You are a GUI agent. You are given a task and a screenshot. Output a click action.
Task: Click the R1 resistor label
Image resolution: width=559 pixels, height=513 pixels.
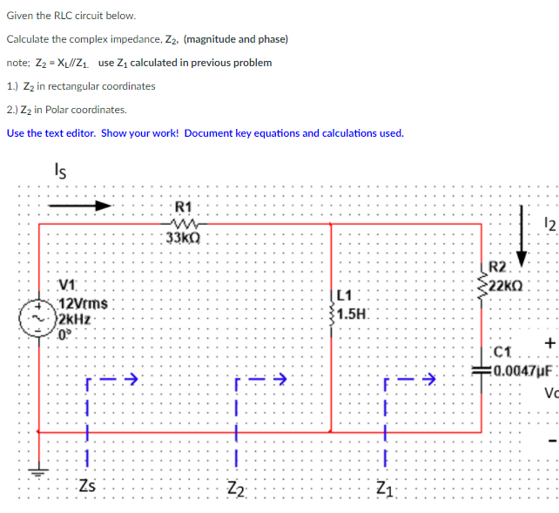tap(184, 207)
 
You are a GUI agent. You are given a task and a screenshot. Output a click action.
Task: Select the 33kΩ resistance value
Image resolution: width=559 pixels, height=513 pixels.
tap(184, 237)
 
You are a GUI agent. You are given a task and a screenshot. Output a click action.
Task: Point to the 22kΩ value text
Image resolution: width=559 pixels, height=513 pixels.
tap(506, 284)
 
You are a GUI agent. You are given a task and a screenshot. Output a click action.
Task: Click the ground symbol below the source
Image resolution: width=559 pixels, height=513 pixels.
tap(37, 473)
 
